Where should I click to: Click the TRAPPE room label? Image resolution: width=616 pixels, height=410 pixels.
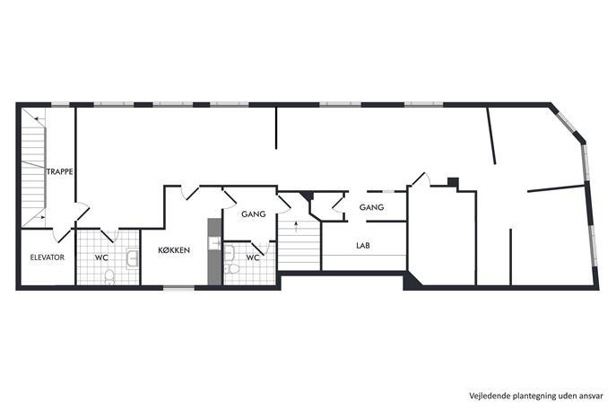tap(60, 171)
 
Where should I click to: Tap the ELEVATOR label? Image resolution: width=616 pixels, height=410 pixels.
tap(48, 257)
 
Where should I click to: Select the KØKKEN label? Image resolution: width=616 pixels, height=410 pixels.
tap(174, 250)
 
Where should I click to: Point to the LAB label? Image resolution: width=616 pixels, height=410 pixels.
tap(363, 246)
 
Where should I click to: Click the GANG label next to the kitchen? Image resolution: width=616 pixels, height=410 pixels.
tap(254, 214)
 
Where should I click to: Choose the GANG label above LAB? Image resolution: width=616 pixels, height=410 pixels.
tap(371, 207)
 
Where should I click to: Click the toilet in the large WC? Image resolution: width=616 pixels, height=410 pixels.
tap(109, 276)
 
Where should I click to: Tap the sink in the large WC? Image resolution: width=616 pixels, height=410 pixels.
tap(132, 258)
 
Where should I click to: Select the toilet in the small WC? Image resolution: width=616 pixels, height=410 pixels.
tap(232, 269)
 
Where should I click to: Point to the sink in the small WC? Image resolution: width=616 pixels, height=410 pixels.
tap(229, 252)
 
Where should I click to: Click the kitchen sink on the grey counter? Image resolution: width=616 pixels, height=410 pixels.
tap(214, 243)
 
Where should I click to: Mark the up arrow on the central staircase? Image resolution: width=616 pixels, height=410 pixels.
tap(296, 226)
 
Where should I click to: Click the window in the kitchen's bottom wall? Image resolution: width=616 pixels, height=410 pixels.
tap(179, 289)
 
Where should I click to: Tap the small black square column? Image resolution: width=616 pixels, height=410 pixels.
tap(453, 183)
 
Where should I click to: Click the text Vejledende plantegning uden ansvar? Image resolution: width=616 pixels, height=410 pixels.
tap(536, 396)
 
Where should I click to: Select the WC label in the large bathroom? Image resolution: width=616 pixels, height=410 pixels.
tap(101, 257)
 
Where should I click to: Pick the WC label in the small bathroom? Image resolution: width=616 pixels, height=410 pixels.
tap(253, 257)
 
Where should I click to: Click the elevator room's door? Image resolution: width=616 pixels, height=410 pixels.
tap(62, 235)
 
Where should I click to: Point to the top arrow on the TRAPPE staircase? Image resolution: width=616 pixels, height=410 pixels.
tap(39, 118)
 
